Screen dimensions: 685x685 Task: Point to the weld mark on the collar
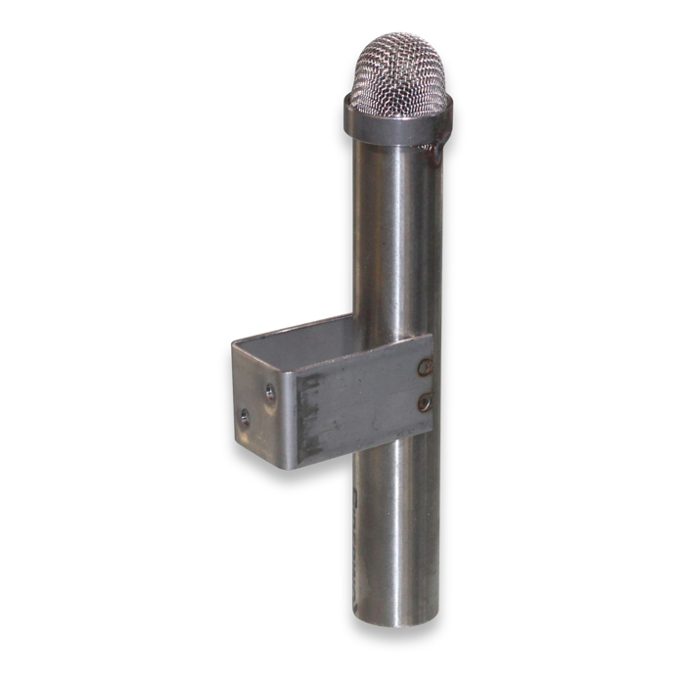(431, 149)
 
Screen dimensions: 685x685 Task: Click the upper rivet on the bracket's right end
(424, 368)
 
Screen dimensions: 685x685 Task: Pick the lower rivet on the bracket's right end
(424, 401)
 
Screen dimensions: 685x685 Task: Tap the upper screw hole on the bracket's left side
(271, 392)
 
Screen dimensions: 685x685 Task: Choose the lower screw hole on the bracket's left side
(245, 417)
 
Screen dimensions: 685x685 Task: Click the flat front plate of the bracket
(362, 401)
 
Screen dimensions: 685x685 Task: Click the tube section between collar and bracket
(396, 235)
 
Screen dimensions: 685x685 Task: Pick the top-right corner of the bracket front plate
(431, 338)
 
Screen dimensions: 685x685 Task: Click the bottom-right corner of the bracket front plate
(431, 431)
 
